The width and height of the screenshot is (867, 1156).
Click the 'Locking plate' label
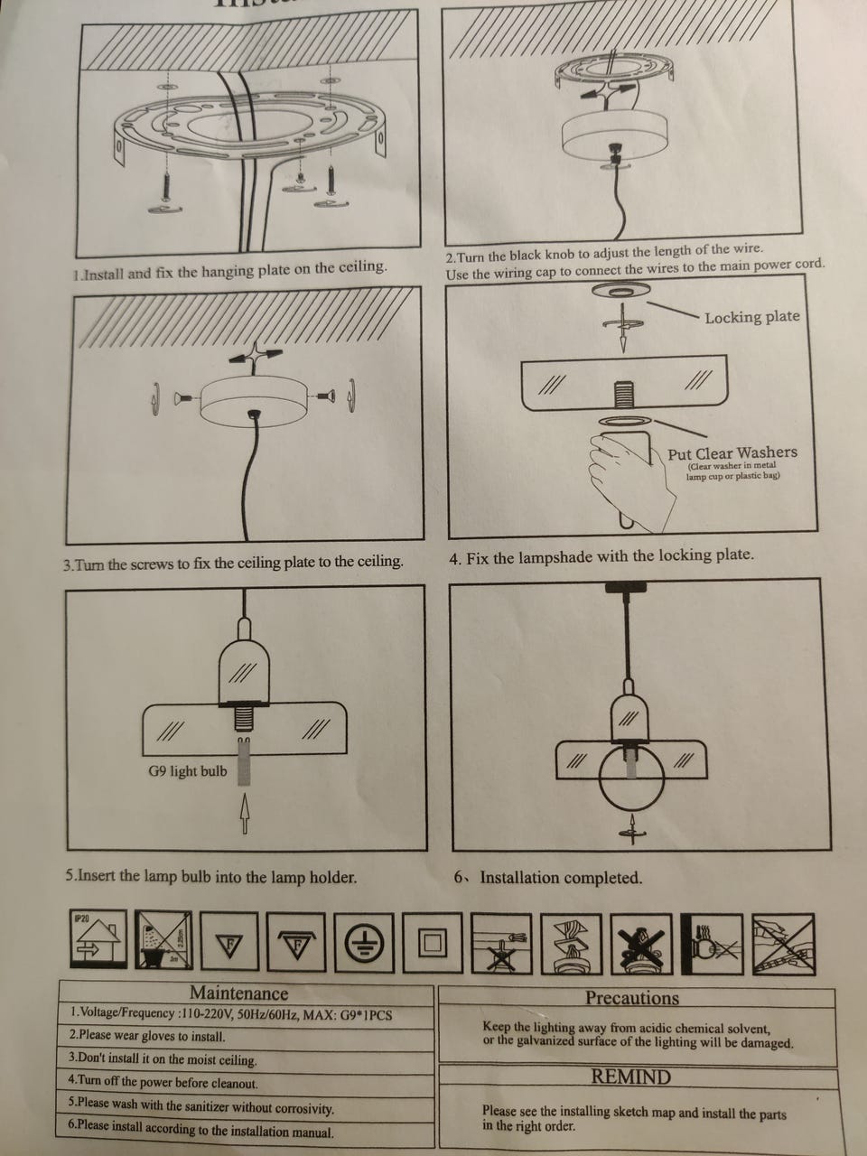(751, 317)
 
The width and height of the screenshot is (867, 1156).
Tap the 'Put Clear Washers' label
(732, 453)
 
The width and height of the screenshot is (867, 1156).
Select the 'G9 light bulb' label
(188, 771)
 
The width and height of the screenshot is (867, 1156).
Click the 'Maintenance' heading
(238, 993)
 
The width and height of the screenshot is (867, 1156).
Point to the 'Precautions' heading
(631, 998)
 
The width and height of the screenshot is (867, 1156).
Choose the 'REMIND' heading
(631, 1077)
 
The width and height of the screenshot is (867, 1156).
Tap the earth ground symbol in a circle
(365, 945)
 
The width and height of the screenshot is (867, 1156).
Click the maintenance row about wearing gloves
(148, 1037)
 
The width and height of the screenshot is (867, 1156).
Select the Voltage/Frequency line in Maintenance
(231, 1014)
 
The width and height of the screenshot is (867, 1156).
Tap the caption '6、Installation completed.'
(548, 878)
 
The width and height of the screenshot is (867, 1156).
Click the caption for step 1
(230, 270)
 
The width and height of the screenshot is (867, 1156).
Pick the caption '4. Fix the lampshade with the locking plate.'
(601, 556)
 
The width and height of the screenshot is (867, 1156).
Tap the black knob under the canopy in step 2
(619, 149)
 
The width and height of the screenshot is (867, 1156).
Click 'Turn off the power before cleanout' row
(163, 1082)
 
